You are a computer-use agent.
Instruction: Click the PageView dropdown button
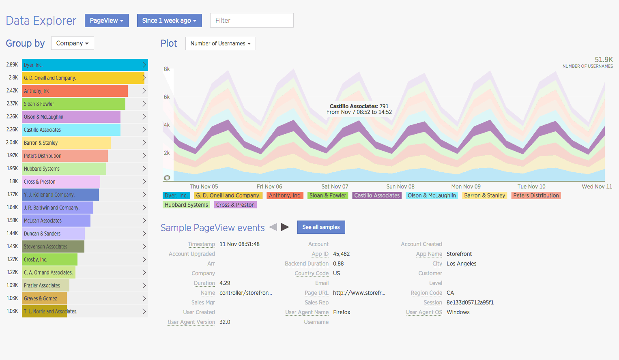pos(107,21)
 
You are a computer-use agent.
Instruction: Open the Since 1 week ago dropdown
pos(169,21)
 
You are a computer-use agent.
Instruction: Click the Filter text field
pos(251,20)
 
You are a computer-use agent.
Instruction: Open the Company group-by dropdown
pos(72,43)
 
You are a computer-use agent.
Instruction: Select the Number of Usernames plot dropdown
pos(220,44)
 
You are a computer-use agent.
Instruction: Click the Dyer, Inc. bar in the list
pos(81,65)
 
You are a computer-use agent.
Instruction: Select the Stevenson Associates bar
pos(53,246)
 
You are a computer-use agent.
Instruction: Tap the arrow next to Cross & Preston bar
pos(144,182)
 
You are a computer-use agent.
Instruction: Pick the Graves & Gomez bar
pos(44,298)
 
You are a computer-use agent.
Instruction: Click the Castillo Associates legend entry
pos(377,195)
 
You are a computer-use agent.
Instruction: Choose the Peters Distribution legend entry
pos(536,195)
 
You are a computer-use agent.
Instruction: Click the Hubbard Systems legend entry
pos(186,205)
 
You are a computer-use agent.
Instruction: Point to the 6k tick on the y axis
pos(167,97)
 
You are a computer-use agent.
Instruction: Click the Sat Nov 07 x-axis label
pos(335,186)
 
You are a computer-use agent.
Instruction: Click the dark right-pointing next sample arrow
pos(285,227)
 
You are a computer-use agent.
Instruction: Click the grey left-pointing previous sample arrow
pos(273,227)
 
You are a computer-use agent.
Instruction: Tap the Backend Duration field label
pos(307,264)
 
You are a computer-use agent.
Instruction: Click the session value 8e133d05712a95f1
pos(470,302)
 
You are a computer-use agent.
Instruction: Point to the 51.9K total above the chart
pos(604,60)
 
